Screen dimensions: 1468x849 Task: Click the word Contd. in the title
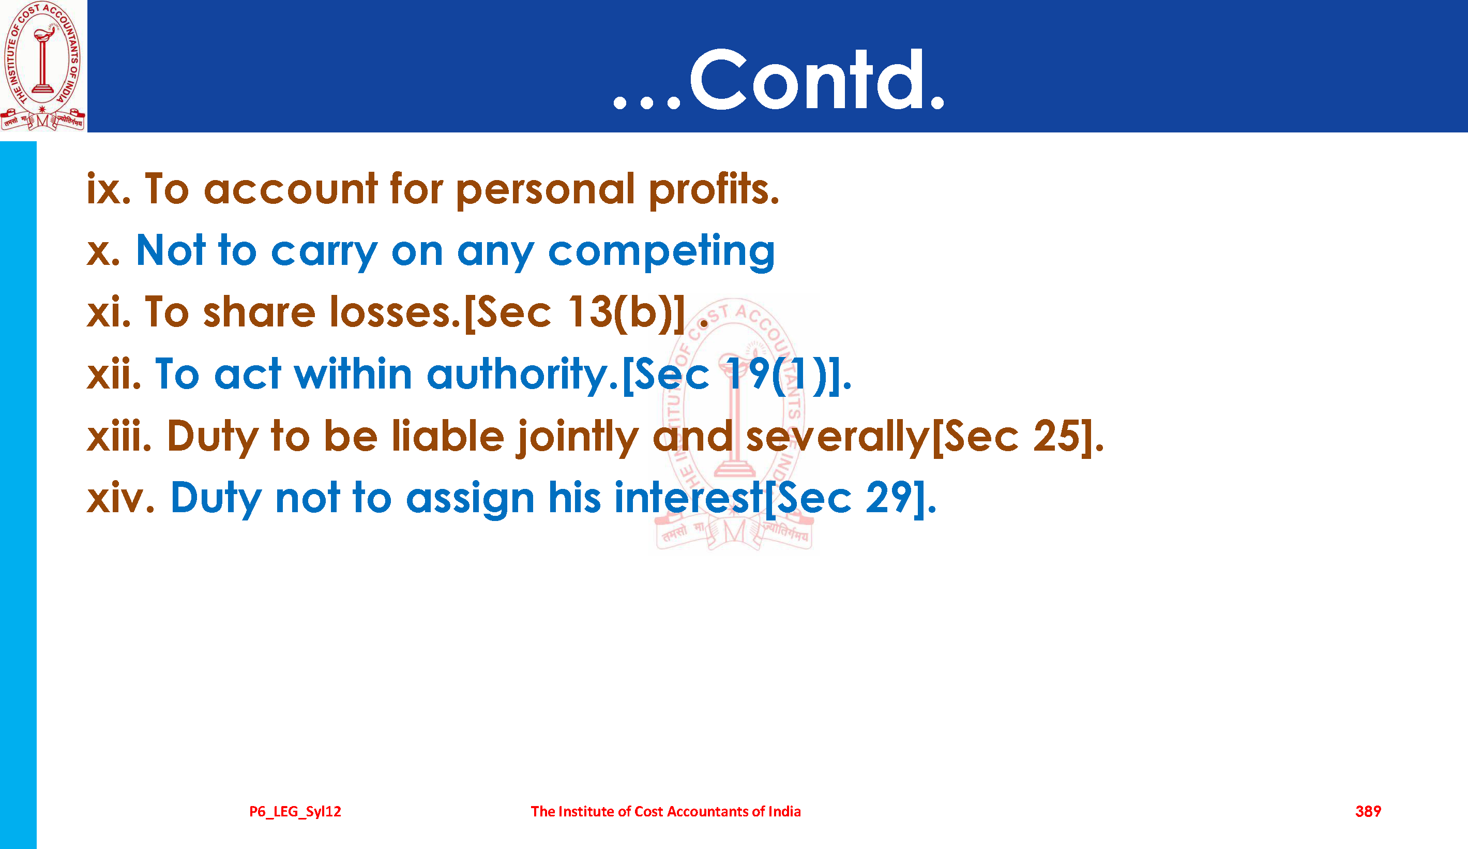click(816, 79)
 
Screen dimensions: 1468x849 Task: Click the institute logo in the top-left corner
click(43, 66)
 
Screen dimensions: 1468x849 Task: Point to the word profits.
click(714, 190)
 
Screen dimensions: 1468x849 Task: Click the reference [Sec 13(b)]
click(574, 314)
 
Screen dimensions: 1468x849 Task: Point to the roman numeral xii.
click(114, 374)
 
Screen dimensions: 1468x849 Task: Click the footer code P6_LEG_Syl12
click(295, 812)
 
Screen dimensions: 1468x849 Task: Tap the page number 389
click(1368, 811)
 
